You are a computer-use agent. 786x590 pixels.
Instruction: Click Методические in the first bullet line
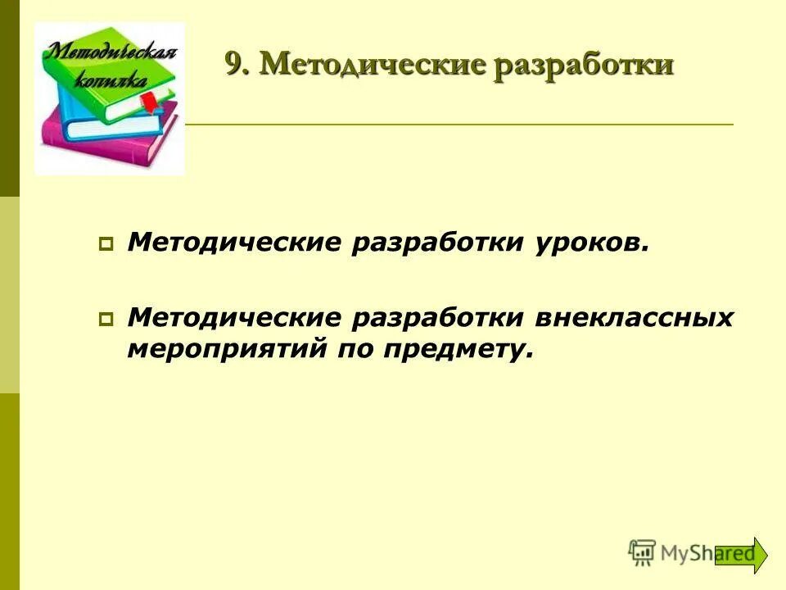tap(233, 243)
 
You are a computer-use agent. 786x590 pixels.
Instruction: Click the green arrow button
tap(741, 555)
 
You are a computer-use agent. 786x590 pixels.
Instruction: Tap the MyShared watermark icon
tap(643, 552)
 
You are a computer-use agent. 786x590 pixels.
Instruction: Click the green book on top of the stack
tap(123, 90)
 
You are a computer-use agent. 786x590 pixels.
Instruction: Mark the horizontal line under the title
tap(458, 124)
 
